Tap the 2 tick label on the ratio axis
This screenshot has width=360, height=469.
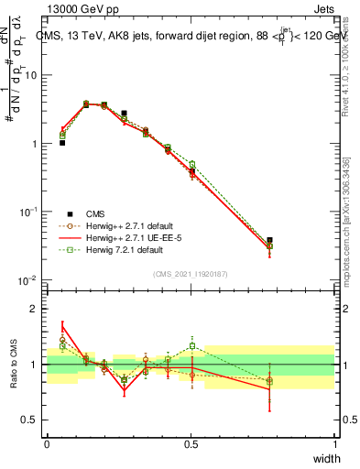point(37,309)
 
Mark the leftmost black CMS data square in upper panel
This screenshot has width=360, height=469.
point(62,143)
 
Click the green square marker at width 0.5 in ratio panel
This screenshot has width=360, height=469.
point(191,346)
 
